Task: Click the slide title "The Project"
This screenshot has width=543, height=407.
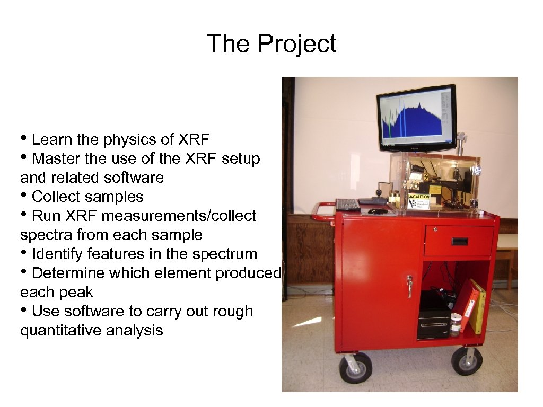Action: pyautogui.click(x=271, y=43)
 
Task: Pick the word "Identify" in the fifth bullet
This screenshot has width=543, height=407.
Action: pyautogui.click(x=58, y=254)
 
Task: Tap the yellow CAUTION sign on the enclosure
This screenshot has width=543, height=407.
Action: pyautogui.click(x=419, y=201)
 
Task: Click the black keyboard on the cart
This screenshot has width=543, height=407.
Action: pyautogui.click(x=347, y=205)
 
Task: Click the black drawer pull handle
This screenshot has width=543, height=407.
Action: pyautogui.click(x=459, y=242)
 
